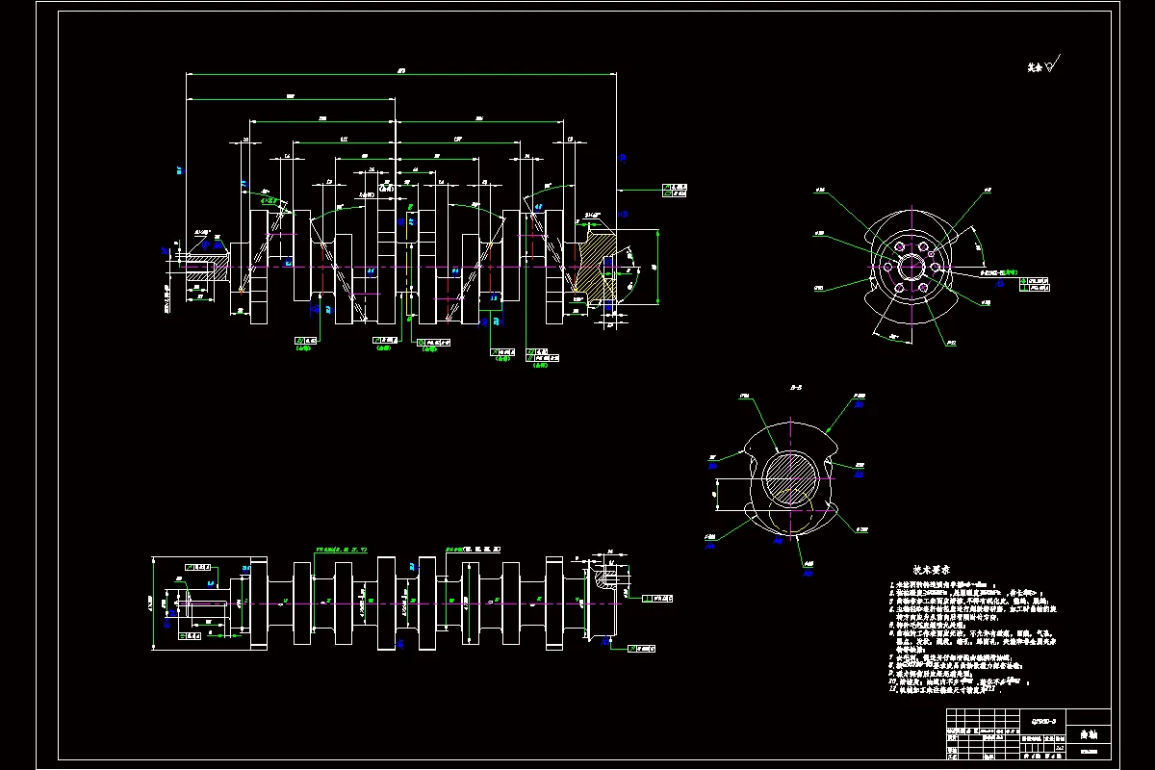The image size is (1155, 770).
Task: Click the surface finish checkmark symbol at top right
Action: pyautogui.click(x=1050, y=65)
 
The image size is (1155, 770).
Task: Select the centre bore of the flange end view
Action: pyautogui.click(x=911, y=268)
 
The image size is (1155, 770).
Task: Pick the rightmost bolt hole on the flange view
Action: pyautogui.click(x=937, y=268)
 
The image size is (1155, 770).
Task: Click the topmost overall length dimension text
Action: pyautogui.click(x=400, y=69)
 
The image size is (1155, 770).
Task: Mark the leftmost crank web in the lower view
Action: pyautogui.click(x=258, y=602)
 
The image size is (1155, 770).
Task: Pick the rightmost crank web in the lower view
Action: pyautogui.click(x=553, y=602)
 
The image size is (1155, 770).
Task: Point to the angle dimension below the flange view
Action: pyautogui.click(x=893, y=337)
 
